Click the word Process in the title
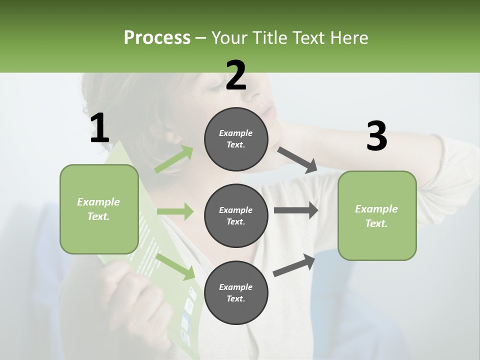coord(157,38)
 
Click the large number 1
coord(99,128)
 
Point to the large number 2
coord(236,75)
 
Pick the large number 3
coord(376,136)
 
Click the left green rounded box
coord(99,209)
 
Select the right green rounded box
coord(377,215)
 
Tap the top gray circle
coord(236,139)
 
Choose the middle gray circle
coord(236,215)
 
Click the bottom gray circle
coord(236,292)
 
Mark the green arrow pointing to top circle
coord(174,159)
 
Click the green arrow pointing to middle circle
coord(175,211)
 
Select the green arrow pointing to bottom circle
coord(175,266)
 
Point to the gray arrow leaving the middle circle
coord(295,210)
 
